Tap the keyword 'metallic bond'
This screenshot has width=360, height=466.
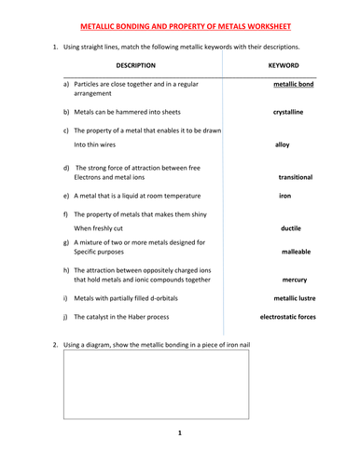coord(291,84)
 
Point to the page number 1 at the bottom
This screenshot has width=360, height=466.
coord(179,433)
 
